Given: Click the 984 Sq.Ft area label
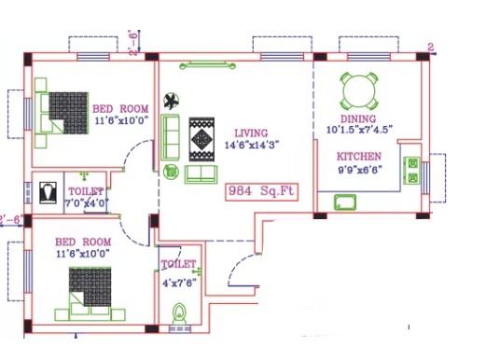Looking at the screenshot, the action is click(x=261, y=191).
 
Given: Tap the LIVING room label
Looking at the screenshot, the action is click(x=251, y=133).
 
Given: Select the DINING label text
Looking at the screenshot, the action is click(x=358, y=118).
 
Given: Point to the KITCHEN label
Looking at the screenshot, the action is click(x=359, y=157).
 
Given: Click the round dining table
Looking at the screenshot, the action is click(x=359, y=90).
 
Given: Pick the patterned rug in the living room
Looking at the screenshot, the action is click(x=201, y=139).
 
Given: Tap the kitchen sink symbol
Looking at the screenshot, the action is click(x=345, y=202).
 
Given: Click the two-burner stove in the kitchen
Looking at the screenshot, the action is click(x=412, y=171).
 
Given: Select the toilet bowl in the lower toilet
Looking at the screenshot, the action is click(x=179, y=313).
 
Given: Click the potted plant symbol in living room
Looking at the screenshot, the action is click(x=172, y=101).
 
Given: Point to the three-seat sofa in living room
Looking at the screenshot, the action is click(x=170, y=137).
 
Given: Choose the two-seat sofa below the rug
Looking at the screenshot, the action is click(x=201, y=174).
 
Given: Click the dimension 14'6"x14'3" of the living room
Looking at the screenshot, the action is click(x=252, y=145).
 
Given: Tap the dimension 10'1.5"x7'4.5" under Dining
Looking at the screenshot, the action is click(x=359, y=130).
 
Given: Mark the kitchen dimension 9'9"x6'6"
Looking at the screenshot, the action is click(x=360, y=170).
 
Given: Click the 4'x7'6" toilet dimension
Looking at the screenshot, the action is click(x=179, y=283).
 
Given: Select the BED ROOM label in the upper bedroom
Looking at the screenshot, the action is click(x=120, y=109).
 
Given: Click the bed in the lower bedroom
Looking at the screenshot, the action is click(x=90, y=294).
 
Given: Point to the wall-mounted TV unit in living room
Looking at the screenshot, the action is click(x=208, y=65).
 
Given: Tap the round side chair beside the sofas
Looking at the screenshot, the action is click(x=172, y=172).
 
